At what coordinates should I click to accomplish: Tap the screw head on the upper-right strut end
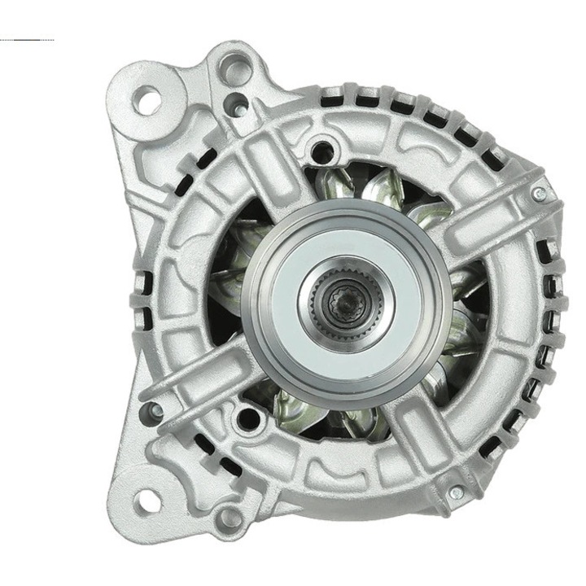point(539,194)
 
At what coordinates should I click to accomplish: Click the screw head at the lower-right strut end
point(456,491)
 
